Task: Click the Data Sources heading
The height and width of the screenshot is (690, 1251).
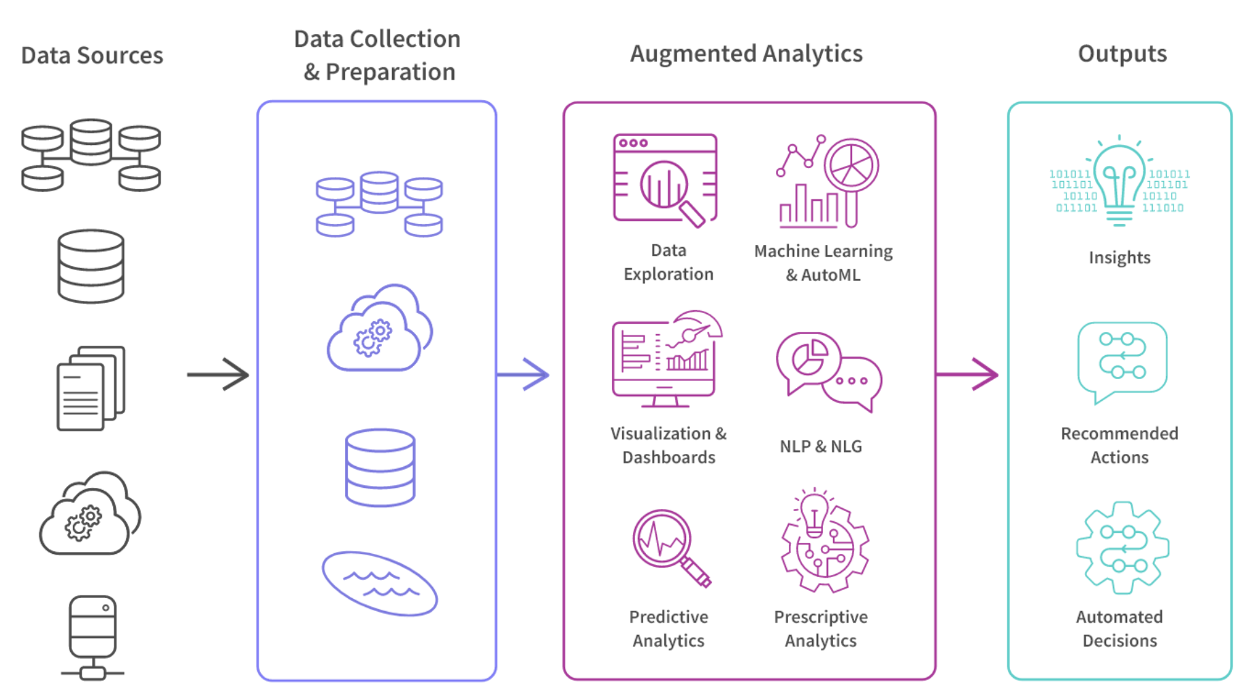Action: click(92, 55)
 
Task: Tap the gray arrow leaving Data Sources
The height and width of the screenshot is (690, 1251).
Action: click(218, 374)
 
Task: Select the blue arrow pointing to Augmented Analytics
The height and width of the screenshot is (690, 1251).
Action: click(523, 374)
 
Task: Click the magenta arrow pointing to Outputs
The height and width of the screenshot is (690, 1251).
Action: click(966, 374)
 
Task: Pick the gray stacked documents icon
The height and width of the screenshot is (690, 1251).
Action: click(91, 389)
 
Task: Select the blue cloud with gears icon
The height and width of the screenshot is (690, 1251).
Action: click(379, 329)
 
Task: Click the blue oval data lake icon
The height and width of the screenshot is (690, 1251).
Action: click(379, 584)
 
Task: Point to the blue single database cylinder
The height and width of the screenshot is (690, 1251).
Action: click(380, 467)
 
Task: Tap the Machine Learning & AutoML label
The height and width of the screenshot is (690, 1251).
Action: click(823, 263)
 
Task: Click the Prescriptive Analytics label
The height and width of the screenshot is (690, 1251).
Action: click(820, 628)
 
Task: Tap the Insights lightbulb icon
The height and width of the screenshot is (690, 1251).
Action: click(1119, 181)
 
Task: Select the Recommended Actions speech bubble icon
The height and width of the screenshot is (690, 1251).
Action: click(1122, 361)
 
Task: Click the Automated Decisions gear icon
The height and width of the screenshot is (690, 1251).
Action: click(1122, 548)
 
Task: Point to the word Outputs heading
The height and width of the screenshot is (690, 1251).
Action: click(1122, 54)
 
